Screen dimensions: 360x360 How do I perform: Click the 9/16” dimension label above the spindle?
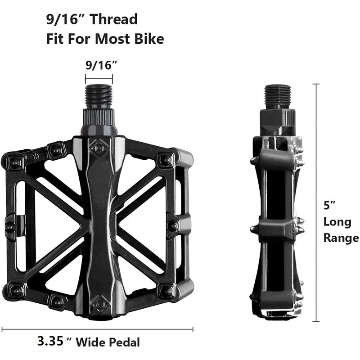pos(99,65)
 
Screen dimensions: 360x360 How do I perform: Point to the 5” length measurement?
pos(330,206)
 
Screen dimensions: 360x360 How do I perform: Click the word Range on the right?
pos(341,238)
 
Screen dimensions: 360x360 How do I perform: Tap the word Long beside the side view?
pos(337,222)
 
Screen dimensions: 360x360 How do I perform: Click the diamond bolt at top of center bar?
pos(98,147)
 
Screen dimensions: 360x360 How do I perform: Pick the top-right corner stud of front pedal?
pos(166,159)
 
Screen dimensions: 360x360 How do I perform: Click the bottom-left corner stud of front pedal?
pos(17,288)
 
